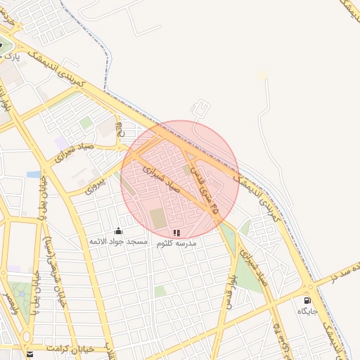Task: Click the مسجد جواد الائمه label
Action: coord(118,242)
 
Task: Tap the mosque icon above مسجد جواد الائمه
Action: coord(118,231)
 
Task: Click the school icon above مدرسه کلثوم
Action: coord(176,232)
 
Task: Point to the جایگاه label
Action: coord(308,311)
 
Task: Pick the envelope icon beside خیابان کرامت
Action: coord(30,354)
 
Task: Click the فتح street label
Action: coord(119,129)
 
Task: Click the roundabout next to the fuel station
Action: coord(309,288)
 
